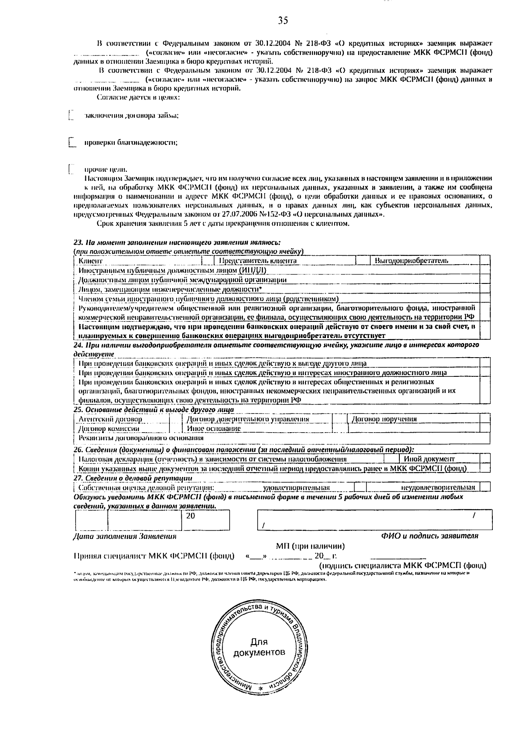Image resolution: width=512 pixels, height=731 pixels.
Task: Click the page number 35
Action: pyautogui.click(x=283, y=20)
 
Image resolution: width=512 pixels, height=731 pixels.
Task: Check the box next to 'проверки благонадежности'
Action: pyautogui.click(x=72, y=142)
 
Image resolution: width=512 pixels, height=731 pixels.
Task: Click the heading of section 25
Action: pyautogui.click(x=154, y=410)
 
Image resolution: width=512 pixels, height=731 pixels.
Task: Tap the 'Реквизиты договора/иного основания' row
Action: pyautogui.click(x=282, y=438)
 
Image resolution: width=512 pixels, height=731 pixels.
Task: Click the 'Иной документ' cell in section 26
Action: pyautogui.click(x=439, y=459)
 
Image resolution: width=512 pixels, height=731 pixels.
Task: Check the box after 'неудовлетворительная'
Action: pyautogui.click(x=485, y=487)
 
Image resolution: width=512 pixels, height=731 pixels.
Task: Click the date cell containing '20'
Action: pyautogui.click(x=206, y=520)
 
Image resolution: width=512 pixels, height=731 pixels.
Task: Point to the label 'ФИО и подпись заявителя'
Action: pyautogui.click(x=429, y=536)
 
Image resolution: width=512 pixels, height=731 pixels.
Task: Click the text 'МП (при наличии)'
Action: pyautogui.click(x=310, y=546)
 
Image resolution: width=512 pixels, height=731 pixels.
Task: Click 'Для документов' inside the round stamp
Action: pyautogui.click(x=259, y=647)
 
